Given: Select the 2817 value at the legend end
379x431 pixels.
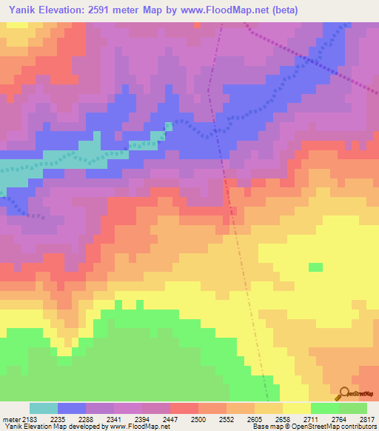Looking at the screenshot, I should [368, 418].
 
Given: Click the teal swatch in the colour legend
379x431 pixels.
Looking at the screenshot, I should [44, 408].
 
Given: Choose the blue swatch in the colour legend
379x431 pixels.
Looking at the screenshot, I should [72, 408].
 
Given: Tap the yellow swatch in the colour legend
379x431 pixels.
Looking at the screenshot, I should [297, 408].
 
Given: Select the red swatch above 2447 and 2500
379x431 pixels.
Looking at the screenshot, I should [184, 408].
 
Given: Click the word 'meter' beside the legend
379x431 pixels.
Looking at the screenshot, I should [10, 418].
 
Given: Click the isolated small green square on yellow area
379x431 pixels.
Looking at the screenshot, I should [316, 267].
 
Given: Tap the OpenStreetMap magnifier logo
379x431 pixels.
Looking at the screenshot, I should [342, 395].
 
